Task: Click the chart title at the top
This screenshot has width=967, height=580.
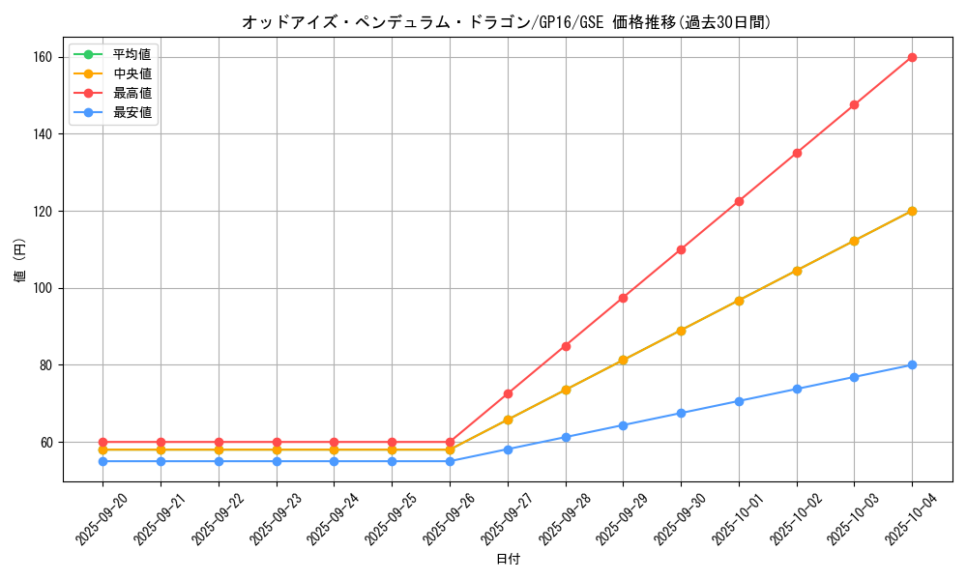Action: tap(507, 22)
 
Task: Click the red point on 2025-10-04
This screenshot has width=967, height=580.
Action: tap(912, 57)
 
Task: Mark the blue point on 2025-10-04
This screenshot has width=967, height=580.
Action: tap(912, 364)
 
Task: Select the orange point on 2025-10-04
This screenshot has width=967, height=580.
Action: tap(912, 211)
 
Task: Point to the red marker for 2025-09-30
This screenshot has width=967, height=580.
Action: tap(681, 249)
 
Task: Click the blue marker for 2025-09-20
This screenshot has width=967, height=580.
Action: tap(103, 461)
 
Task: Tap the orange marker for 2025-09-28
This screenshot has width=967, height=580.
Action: tap(566, 390)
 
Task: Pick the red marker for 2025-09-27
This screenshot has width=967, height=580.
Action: tap(508, 393)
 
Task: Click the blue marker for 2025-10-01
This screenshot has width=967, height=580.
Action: tap(739, 401)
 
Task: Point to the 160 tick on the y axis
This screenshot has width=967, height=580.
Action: tap(44, 57)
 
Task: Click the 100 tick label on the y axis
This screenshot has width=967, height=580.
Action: tap(44, 288)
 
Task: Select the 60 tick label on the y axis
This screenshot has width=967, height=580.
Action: tap(47, 442)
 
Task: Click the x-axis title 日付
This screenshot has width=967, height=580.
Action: tap(508, 560)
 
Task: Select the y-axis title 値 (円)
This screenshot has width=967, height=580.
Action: tap(19, 261)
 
